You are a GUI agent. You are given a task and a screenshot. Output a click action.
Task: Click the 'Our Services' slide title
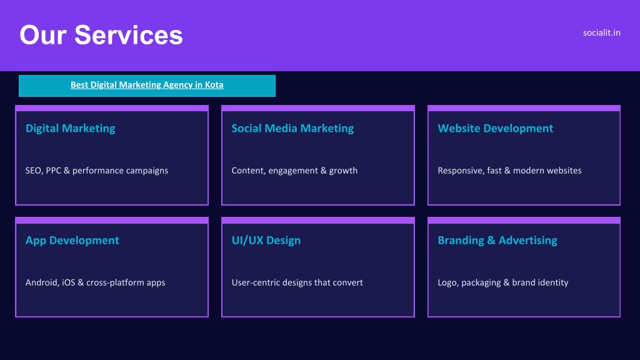point(101,35)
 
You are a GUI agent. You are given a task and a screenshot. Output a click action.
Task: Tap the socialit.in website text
point(602,32)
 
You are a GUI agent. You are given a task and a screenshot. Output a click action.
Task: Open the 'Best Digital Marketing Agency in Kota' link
point(147,85)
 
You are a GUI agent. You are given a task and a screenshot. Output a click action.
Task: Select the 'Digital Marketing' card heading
point(70,129)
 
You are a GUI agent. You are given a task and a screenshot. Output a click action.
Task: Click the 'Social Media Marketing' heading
point(292,129)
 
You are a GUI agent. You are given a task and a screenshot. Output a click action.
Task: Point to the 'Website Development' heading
point(496,129)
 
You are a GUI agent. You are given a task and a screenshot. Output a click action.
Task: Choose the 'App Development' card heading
point(72,241)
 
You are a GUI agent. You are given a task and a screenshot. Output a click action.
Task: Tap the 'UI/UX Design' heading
point(266,241)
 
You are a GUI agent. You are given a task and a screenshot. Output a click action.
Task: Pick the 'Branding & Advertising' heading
point(497,241)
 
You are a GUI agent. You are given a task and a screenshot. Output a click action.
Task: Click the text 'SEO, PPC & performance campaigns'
point(97,171)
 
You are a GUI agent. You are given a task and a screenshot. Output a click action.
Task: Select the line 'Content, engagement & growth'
point(294,171)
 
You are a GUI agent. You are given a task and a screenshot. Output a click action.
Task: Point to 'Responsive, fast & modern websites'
point(509,171)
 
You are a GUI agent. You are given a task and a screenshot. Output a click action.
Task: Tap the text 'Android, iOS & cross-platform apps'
point(95,282)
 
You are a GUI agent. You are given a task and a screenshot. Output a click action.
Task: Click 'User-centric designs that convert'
point(297,282)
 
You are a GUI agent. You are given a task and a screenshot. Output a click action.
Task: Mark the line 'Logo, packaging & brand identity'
point(503,282)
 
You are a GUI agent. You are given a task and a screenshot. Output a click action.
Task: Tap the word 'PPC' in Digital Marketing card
point(54,171)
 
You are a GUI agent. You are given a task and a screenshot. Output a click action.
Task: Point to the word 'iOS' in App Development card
point(69,282)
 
